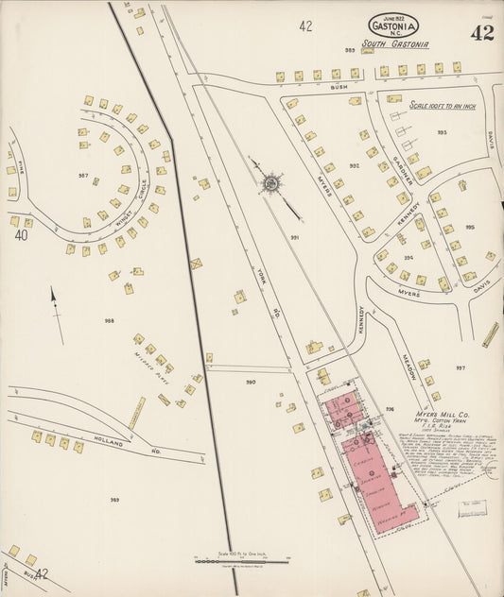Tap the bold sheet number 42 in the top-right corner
(480, 34)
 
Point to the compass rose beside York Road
(271, 181)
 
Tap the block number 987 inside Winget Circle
(83, 176)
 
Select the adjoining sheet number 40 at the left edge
(19, 235)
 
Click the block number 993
(442, 133)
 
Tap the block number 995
(470, 227)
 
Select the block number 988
(109, 321)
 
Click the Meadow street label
(408, 362)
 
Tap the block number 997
(461, 367)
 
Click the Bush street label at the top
(339, 87)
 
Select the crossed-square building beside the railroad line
(196, 264)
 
